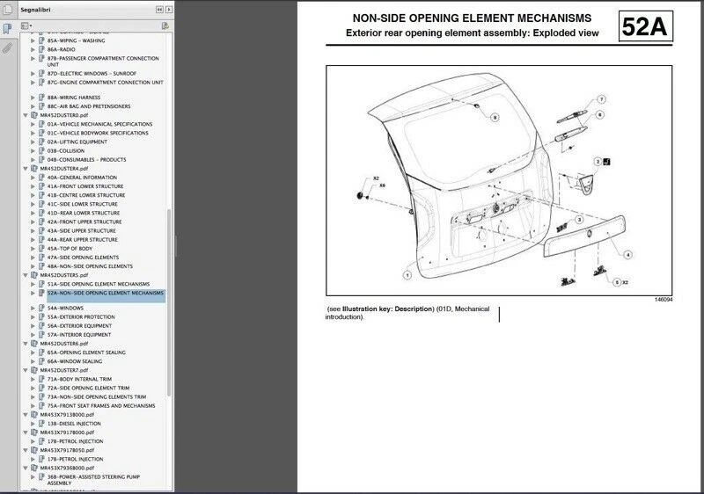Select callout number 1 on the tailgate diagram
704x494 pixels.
(x=407, y=275)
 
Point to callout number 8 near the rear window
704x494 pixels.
(x=495, y=116)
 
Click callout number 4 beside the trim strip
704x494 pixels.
(x=627, y=255)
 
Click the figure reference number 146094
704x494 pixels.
(x=671, y=300)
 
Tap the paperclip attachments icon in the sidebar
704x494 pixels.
(x=8, y=49)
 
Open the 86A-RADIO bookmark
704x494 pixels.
(x=62, y=49)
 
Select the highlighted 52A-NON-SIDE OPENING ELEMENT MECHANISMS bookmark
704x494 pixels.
(x=105, y=293)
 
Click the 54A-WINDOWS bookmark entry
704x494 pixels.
(x=66, y=309)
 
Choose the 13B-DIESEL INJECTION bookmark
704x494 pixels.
(x=74, y=423)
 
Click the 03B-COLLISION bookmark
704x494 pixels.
(x=66, y=150)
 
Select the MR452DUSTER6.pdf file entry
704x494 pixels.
(x=63, y=344)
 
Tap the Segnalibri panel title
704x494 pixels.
(x=39, y=9)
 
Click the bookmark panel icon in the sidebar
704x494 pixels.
(x=8, y=28)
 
